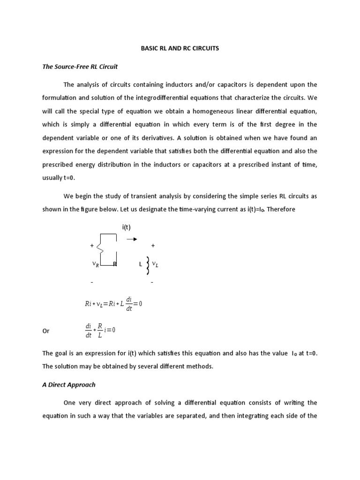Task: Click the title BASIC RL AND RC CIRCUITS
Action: tap(180, 48)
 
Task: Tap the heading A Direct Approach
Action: tap(69, 384)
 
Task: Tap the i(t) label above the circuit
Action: tap(127, 227)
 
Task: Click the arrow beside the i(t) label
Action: tap(132, 239)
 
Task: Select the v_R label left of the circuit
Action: tap(96, 264)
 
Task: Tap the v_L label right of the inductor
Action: tap(156, 265)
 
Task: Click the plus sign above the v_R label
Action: tap(91, 245)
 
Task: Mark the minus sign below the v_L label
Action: tap(152, 283)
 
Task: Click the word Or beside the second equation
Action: tap(46, 331)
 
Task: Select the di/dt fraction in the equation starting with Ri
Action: tap(129, 303)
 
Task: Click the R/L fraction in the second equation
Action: tap(100, 330)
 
